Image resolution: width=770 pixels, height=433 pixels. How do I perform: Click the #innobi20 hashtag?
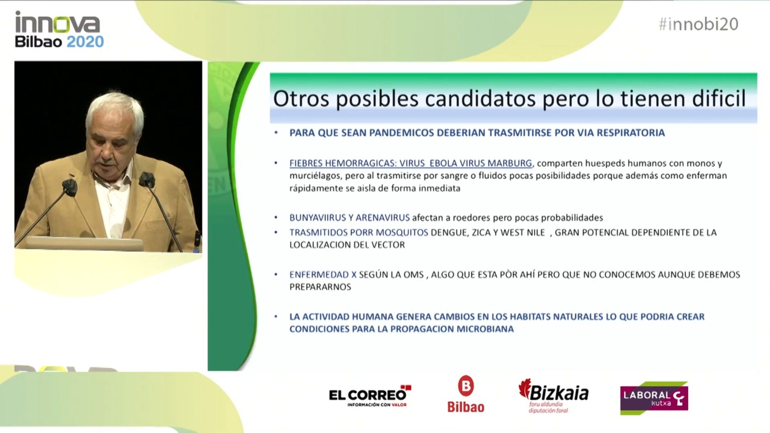click(698, 24)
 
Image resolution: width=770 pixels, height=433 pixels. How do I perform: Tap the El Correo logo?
click(370, 396)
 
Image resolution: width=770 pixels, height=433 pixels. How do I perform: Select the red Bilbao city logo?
click(466, 394)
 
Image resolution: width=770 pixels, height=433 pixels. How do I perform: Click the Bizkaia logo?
click(553, 396)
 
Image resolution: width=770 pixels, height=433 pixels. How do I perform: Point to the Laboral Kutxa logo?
click(654, 398)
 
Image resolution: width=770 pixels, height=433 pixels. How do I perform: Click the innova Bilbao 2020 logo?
click(59, 29)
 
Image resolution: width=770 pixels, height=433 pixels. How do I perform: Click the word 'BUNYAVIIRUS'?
click(318, 218)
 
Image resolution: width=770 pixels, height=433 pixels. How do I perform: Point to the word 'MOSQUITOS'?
click(403, 233)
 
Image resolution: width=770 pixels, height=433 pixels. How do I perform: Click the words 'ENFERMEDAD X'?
click(323, 275)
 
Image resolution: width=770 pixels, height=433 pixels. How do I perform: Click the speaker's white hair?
click(115, 107)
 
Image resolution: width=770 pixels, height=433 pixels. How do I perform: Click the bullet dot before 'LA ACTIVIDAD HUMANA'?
click(276, 317)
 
